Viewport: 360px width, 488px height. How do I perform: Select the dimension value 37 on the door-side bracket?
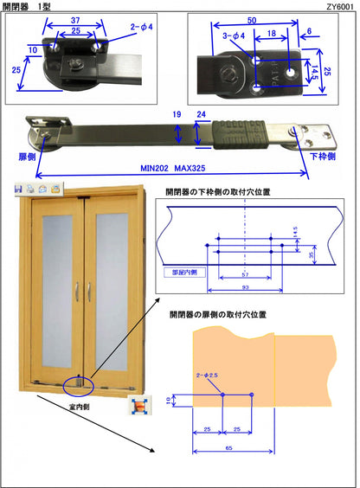[77, 19]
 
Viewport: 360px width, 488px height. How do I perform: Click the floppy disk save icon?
[18, 188]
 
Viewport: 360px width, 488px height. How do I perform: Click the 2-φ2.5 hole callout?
[208, 376]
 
